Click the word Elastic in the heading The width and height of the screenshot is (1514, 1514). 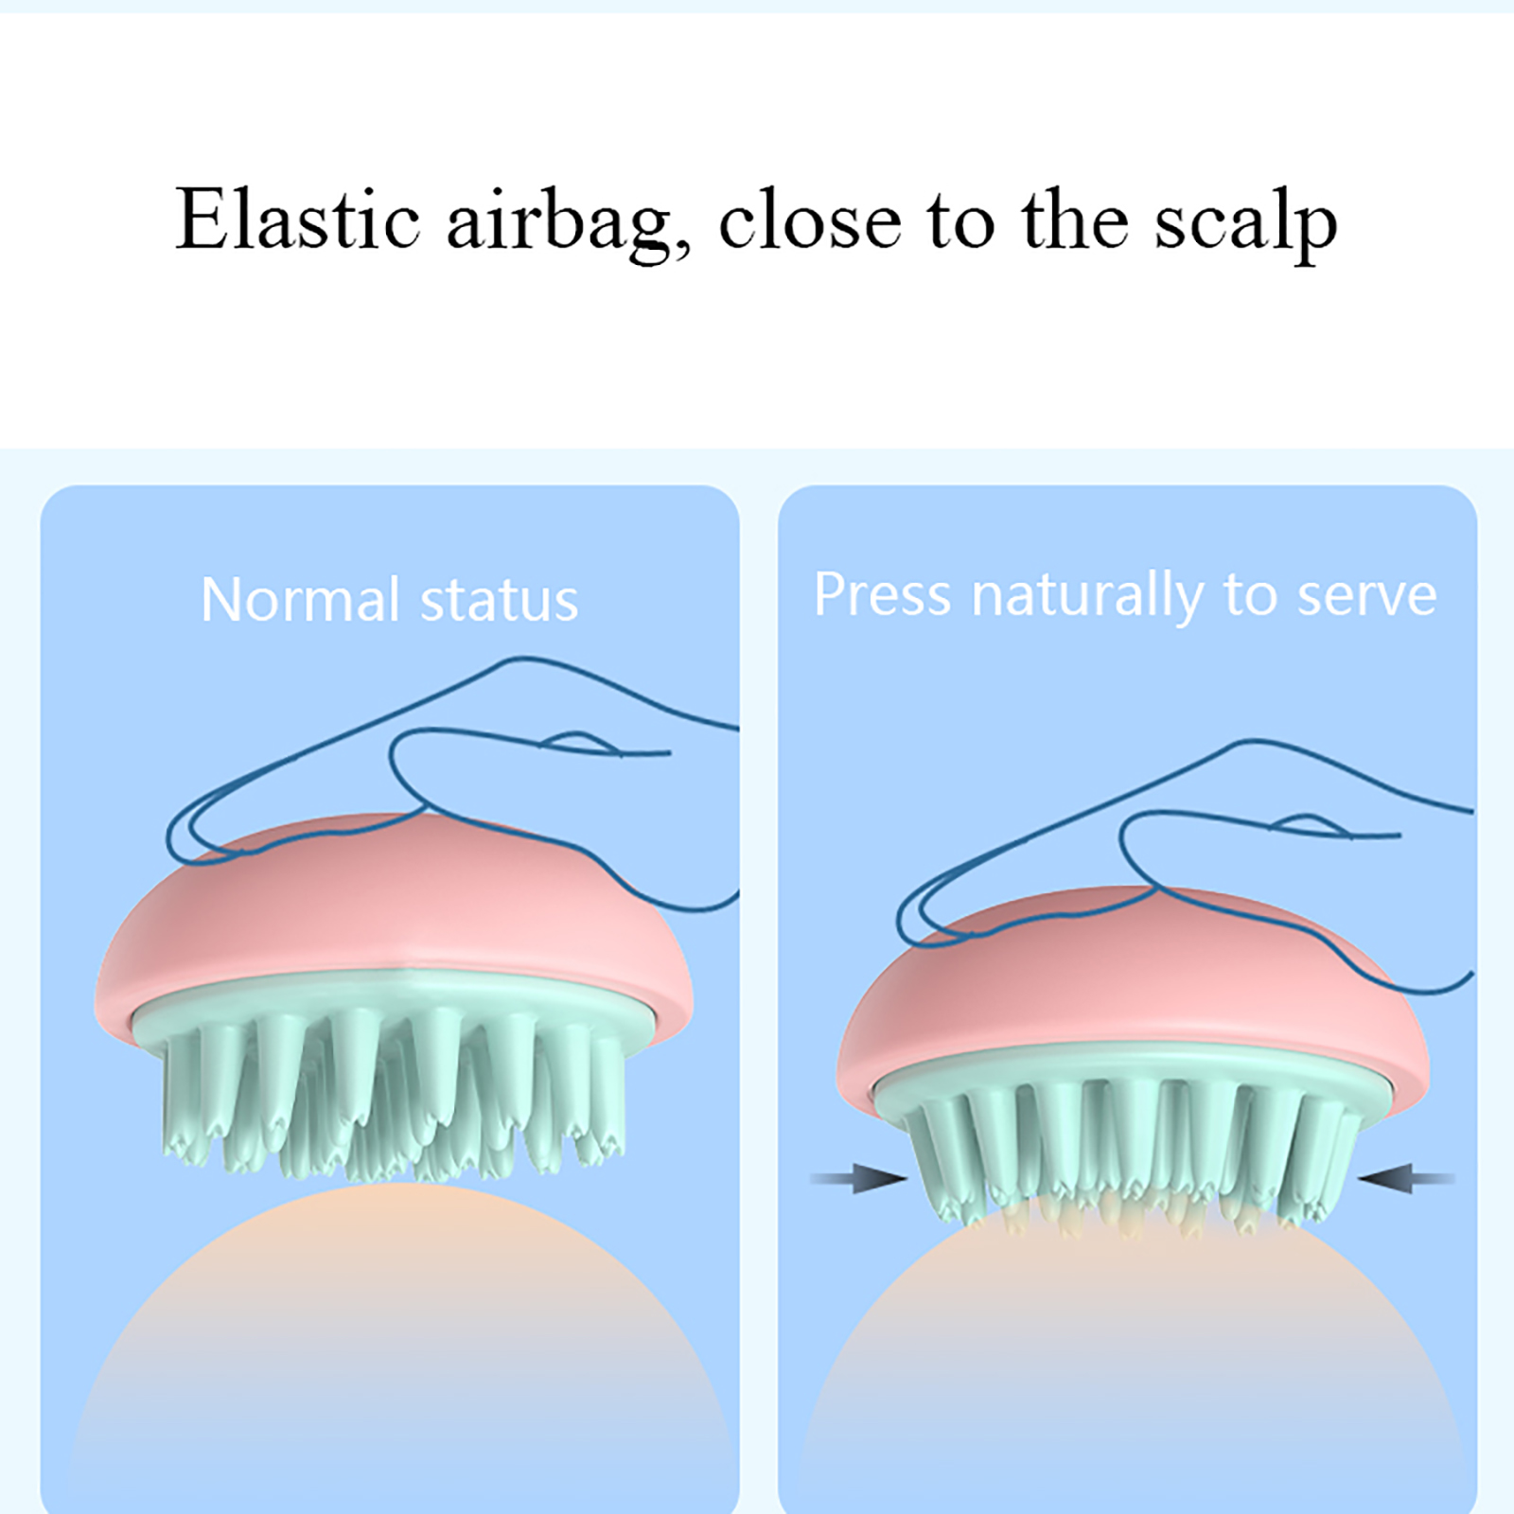pos(298,220)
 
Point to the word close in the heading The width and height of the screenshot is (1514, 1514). pos(810,220)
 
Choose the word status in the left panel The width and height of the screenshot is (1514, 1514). pos(499,602)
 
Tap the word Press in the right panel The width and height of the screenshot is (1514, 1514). pos(882,594)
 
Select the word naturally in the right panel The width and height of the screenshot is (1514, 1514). pos(1087,598)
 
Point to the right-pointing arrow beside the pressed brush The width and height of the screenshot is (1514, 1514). pos(859,1178)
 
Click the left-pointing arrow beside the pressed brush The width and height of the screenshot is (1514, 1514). pos(1406,1178)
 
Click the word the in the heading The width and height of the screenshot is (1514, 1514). pos(1075,220)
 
